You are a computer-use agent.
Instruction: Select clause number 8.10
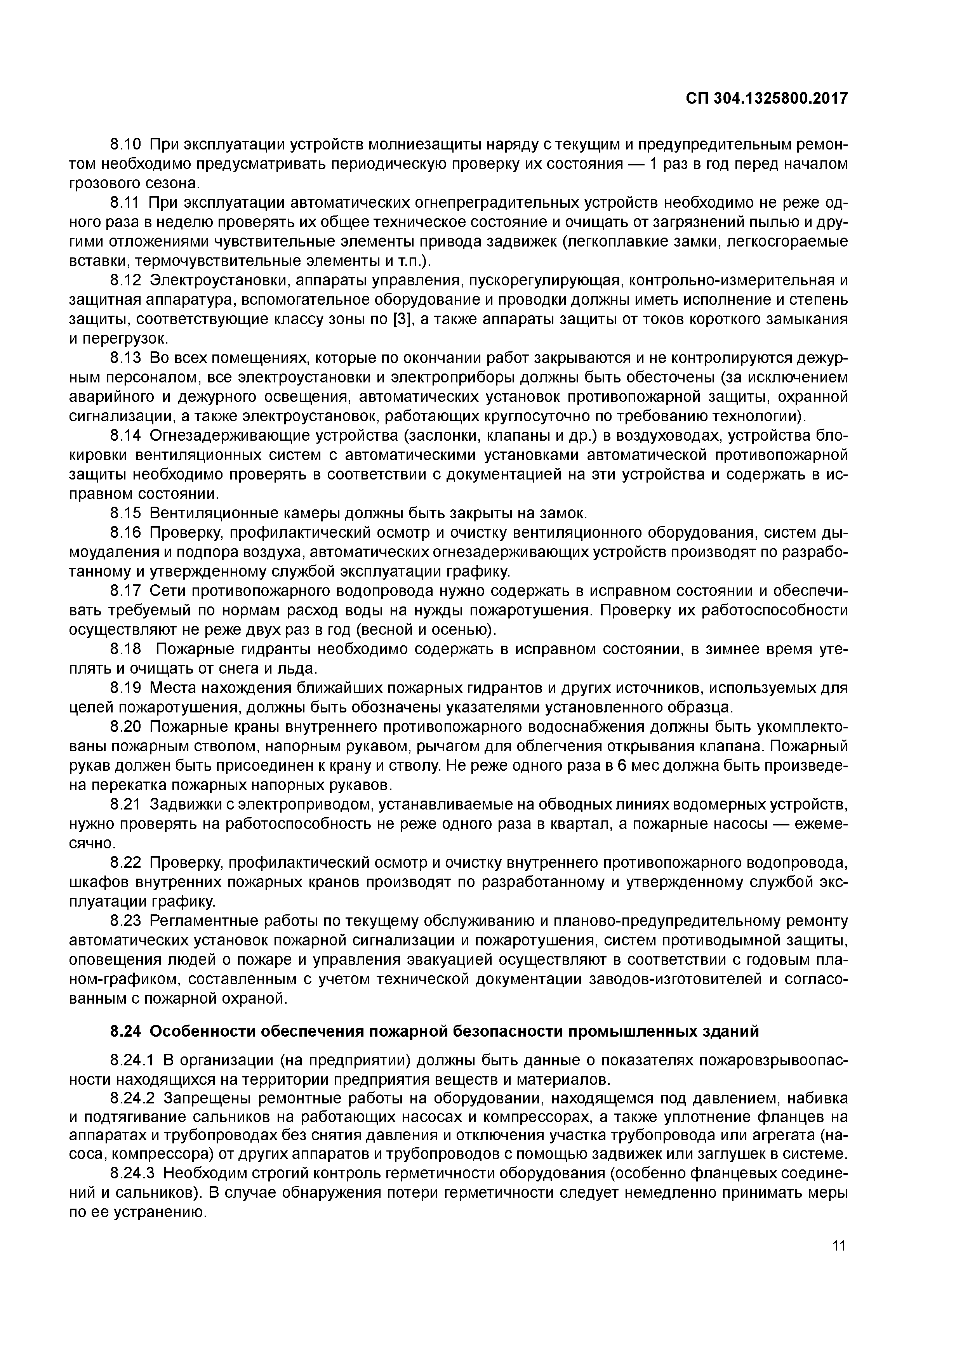click(125, 144)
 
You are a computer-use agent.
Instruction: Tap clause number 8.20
click(125, 727)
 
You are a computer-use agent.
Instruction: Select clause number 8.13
click(125, 358)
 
